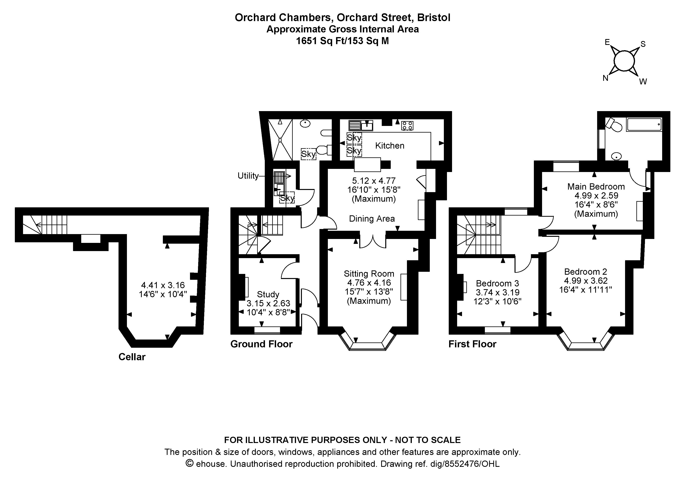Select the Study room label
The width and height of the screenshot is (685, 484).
pos(268,294)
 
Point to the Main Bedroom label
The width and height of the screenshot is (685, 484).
pos(596,186)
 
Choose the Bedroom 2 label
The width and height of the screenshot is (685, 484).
pos(586,272)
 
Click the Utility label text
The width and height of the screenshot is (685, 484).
pos(248,176)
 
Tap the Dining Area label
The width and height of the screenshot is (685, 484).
pos(372,219)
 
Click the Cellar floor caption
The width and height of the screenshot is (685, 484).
pos(132,357)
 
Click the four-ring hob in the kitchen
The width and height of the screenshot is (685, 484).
pos(407,126)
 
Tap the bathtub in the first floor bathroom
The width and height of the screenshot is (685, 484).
pos(644,125)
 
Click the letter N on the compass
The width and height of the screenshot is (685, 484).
pos(605,78)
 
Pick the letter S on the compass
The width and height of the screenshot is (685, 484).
pos(643,44)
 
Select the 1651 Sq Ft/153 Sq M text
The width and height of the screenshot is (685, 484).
pos(342,41)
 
